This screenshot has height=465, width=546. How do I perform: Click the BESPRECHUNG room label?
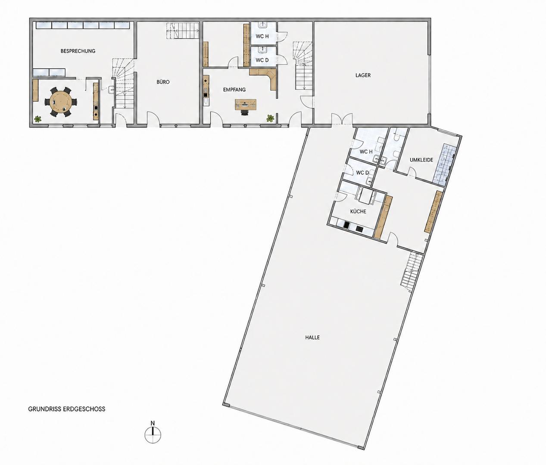pyautogui.click(x=78, y=51)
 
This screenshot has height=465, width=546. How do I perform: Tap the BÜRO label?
pyautogui.click(x=163, y=82)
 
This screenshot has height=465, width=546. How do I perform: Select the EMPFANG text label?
pyautogui.click(x=234, y=90)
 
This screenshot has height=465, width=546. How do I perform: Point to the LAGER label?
pyautogui.click(x=363, y=75)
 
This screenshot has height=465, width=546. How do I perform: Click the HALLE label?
pyautogui.click(x=312, y=337)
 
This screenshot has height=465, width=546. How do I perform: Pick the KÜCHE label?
pyautogui.click(x=358, y=211)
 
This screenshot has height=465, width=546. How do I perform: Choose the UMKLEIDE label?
pyautogui.click(x=421, y=160)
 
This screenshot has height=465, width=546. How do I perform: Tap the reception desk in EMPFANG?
pyautogui.click(x=246, y=105)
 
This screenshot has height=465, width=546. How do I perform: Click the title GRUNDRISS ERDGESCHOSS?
pyautogui.click(x=66, y=409)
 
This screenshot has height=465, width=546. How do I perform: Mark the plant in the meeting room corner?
pyautogui.click(x=38, y=119)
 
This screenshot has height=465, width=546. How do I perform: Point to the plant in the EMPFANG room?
pyautogui.click(x=270, y=118)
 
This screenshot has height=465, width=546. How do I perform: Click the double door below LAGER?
pyautogui.click(x=342, y=119)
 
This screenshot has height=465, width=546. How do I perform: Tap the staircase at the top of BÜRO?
pyautogui.click(x=183, y=31)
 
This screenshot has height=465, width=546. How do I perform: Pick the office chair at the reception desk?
pyautogui.click(x=245, y=112)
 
